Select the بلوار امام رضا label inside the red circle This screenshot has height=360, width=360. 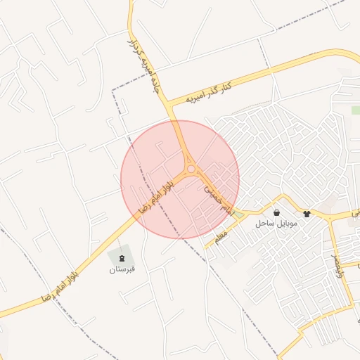coord(156,195)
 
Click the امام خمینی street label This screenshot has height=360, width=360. coord(217,198)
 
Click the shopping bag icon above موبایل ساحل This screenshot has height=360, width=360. coord(277,212)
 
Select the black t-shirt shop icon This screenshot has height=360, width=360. coord(307,212)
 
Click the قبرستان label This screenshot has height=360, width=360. coord(122,269)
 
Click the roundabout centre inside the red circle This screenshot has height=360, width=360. coord(191,169)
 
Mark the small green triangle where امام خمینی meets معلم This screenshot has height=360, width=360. coord(240,213)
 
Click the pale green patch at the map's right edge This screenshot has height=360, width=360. coord(356,110)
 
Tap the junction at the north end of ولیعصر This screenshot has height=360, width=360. coord(331,219)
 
